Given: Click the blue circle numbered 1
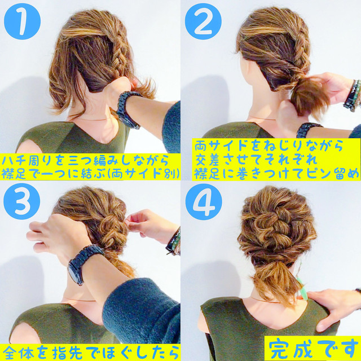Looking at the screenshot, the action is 22,21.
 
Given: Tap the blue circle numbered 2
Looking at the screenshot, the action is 203,21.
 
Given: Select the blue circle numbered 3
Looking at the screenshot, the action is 22,201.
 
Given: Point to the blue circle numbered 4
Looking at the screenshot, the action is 204,202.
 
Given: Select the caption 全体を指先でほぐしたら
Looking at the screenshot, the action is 90,352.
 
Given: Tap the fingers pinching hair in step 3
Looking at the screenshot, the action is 135,221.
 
